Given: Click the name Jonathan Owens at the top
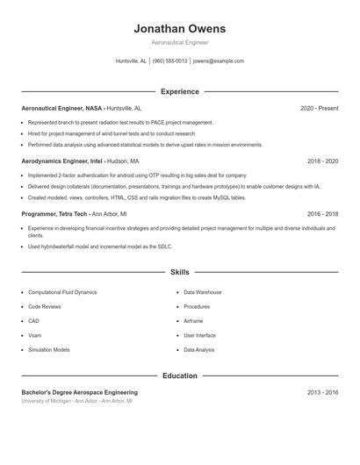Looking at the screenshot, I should coord(180,28).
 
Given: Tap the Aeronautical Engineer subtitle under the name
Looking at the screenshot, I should coord(180,42).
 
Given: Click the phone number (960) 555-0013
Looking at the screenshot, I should coord(169,61).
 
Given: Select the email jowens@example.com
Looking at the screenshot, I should coord(218,61).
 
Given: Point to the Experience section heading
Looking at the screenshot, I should coord(180,91).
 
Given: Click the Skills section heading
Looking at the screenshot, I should coord(180,273).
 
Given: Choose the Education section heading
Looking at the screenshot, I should coord(180,376).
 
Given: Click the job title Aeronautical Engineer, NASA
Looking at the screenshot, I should coord(61,108).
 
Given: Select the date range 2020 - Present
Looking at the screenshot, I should coord(319,108).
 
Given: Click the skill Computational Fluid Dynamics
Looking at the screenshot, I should coord(62,292).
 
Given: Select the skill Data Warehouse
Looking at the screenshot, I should coord(202,292).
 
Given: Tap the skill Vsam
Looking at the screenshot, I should coord(35,335).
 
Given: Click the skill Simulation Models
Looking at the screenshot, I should coord(49,349).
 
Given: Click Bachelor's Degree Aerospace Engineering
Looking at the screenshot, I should coord(80,392).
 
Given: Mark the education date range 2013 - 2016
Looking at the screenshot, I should coord(323,392).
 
